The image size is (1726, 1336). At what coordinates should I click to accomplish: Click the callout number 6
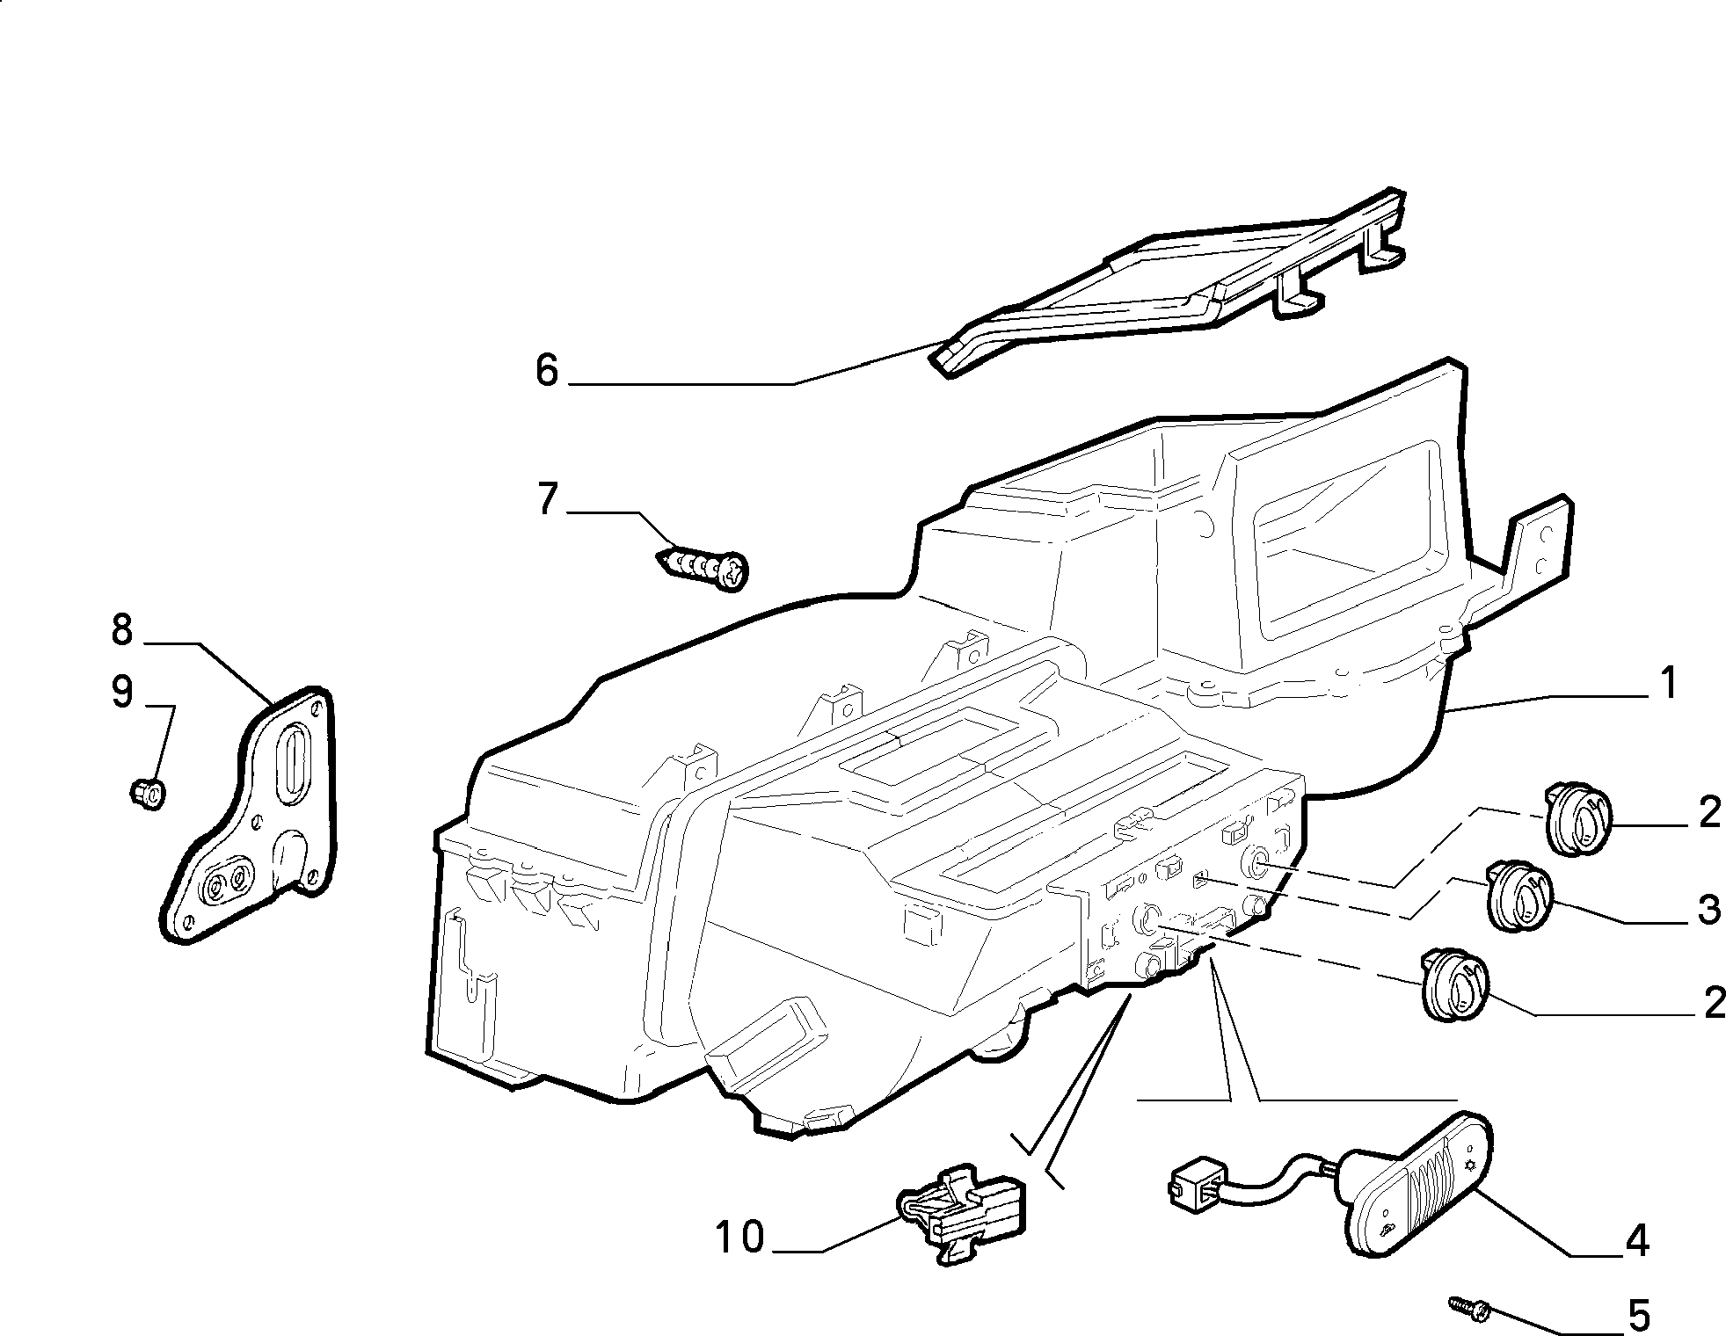point(547,371)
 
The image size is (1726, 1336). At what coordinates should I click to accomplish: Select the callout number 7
point(547,499)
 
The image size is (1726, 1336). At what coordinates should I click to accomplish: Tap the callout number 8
point(122,630)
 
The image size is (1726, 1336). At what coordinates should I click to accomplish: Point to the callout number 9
point(122,692)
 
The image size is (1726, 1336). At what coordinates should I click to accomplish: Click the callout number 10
point(739,1238)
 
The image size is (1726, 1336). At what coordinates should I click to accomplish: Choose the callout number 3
point(1708,910)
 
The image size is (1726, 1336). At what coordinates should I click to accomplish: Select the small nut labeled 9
point(149,793)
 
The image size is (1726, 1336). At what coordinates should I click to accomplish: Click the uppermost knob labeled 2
point(1578,821)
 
